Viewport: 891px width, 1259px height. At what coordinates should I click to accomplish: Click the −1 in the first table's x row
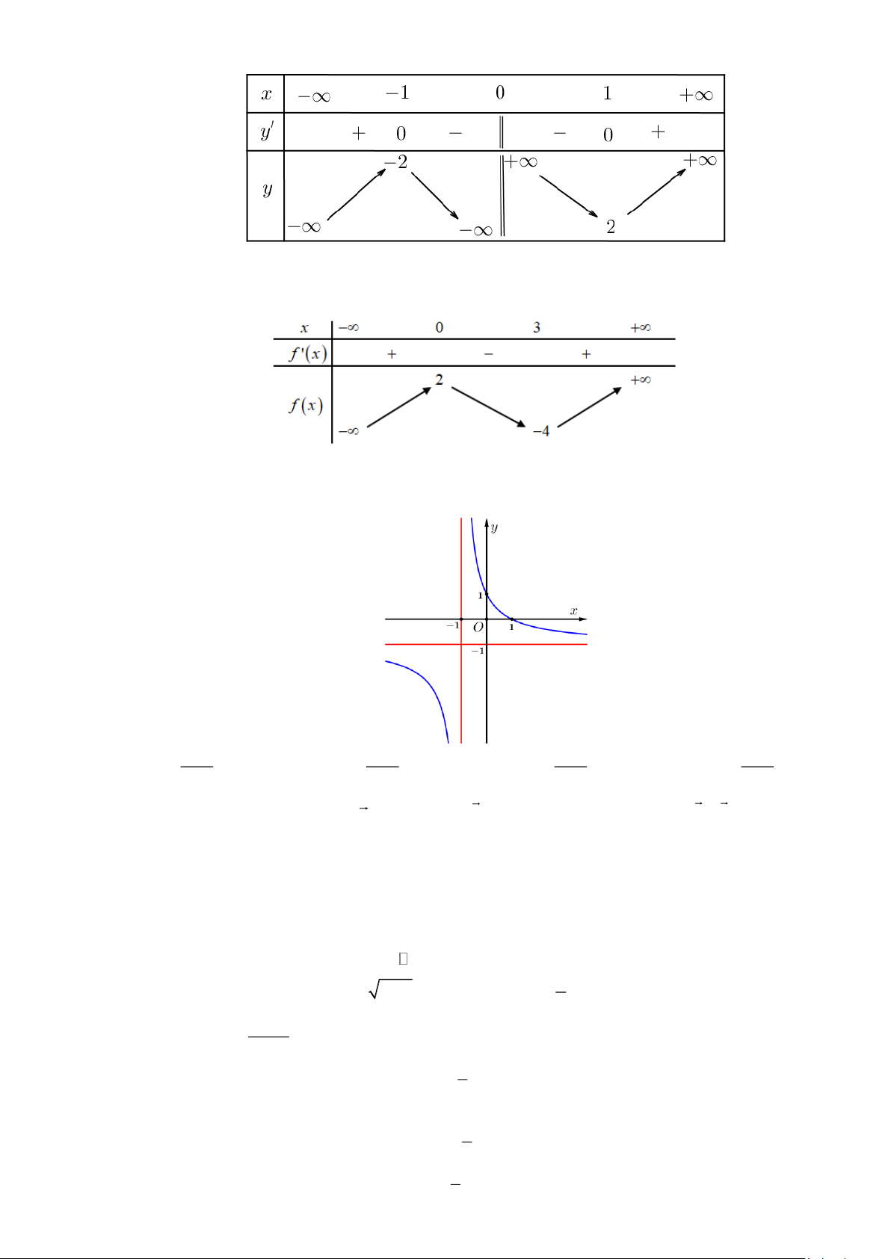pyautogui.click(x=398, y=92)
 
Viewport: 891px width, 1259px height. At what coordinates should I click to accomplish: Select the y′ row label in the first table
pyautogui.click(x=266, y=132)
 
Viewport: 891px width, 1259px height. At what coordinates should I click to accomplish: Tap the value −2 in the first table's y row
pyautogui.click(x=395, y=162)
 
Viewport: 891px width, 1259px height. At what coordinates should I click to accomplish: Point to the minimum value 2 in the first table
pyautogui.click(x=611, y=226)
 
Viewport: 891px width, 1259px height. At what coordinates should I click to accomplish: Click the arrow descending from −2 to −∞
pyautogui.click(x=435, y=196)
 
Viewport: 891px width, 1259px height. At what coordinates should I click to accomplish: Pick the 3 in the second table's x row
pyautogui.click(x=536, y=327)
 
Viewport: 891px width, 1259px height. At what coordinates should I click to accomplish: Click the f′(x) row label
pyautogui.click(x=307, y=353)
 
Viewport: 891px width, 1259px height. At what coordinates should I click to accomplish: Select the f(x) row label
pyautogui.click(x=306, y=405)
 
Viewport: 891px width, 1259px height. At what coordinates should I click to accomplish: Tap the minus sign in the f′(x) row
pyautogui.click(x=489, y=354)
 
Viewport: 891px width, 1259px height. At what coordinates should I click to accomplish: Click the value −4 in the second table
pyautogui.click(x=540, y=431)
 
